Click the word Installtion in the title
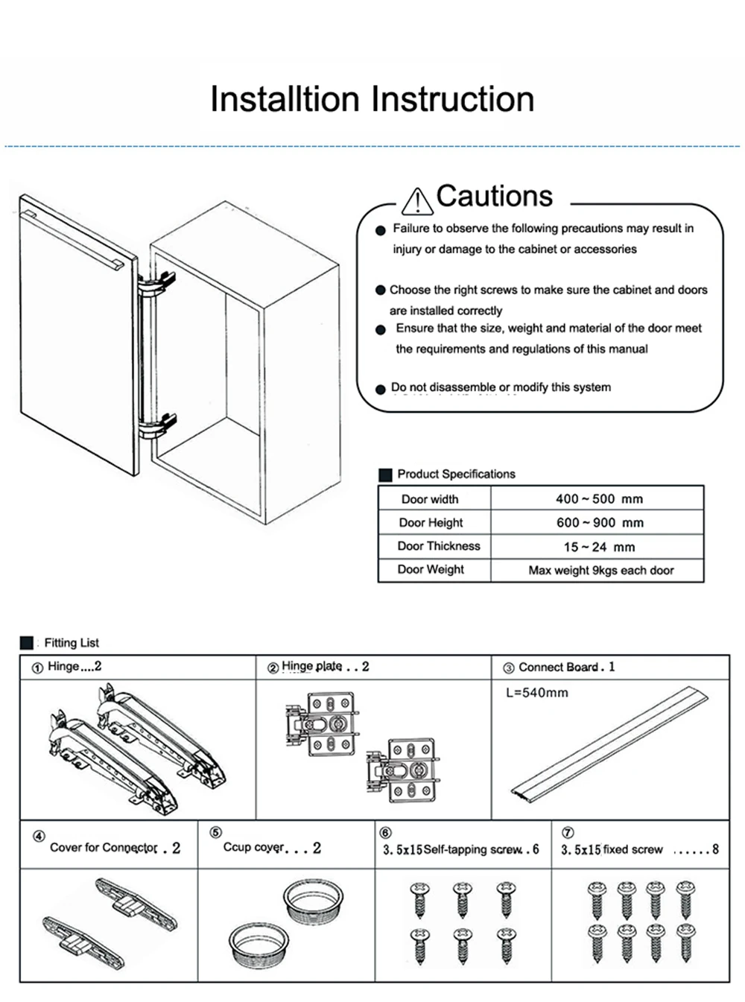point(285,99)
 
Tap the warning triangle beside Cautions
point(416,201)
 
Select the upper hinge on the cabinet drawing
point(158,284)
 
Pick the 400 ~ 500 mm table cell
point(599,498)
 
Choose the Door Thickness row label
point(438,546)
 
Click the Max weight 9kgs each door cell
point(600,570)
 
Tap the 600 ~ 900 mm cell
point(599,522)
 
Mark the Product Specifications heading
point(456,474)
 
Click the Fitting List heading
point(71,642)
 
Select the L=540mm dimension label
point(536,692)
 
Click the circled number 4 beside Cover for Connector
point(39,836)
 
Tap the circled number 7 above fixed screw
point(567,833)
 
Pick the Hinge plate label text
point(312,666)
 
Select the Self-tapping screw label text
point(472,849)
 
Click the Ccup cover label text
point(254,847)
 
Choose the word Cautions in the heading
point(495,196)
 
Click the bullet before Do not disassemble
point(381,389)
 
